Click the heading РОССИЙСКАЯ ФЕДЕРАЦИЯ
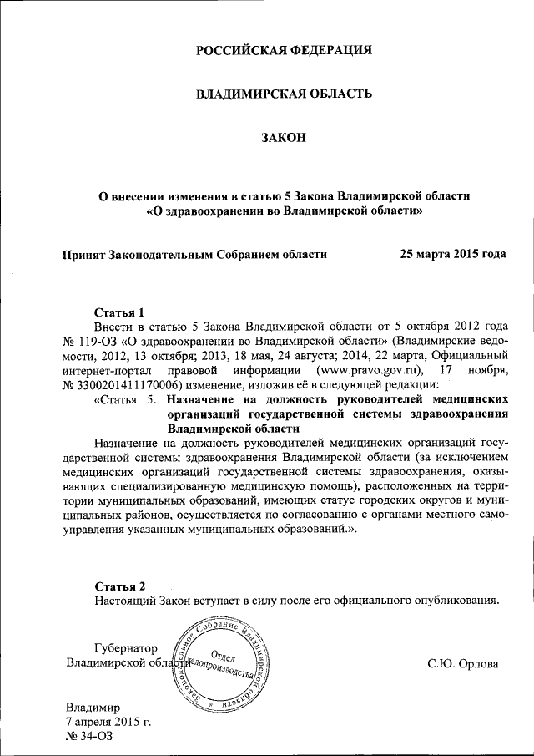[284, 51]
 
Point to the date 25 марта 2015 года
[453, 252]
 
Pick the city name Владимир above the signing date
[93, 706]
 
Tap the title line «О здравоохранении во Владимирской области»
[284, 211]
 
